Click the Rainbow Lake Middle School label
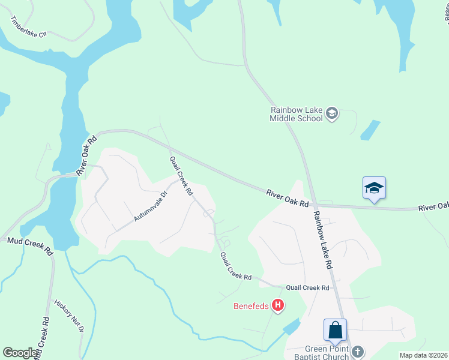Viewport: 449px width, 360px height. (x=297, y=114)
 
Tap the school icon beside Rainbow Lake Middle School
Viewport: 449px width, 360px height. (x=332, y=113)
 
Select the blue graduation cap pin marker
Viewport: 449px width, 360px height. (x=374, y=188)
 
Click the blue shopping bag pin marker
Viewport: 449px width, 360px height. (x=335, y=331)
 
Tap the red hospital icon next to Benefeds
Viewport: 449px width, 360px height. (x=277, y=306)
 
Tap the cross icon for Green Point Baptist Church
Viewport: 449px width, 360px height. (x=358, y=352)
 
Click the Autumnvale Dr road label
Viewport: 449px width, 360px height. (x=148, y=207)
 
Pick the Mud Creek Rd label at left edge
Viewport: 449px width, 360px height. (x=30, y=246)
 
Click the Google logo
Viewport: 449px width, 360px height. (x=20, y=353)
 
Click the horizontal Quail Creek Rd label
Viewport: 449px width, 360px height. (x=307, y=288)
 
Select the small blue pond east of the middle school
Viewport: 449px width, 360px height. (x=370, y=130)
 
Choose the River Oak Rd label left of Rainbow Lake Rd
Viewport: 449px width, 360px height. (x=288, y=197)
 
